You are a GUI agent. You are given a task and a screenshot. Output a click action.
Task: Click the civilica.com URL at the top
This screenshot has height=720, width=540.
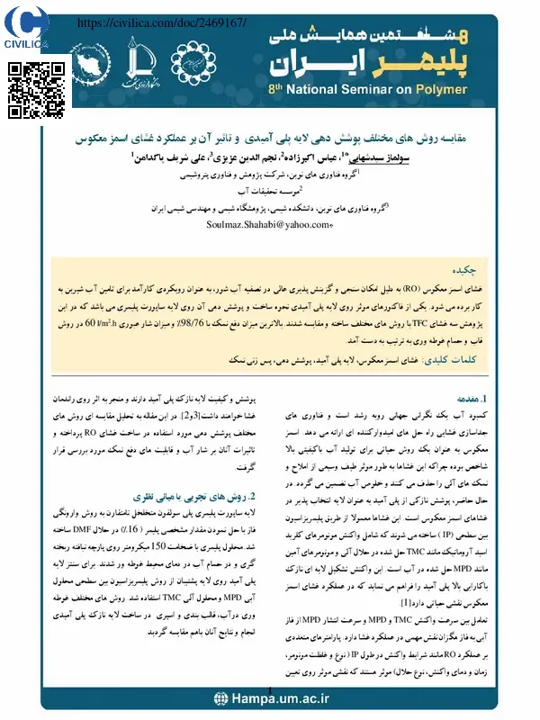(163, 21)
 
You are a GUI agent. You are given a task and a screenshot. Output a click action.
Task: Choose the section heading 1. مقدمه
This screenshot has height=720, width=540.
(472, 396)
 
